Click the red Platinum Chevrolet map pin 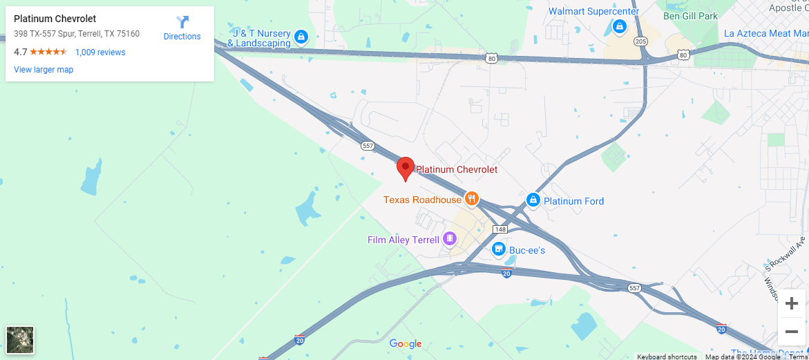(x=406, y=168)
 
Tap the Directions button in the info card (x=182, y=28)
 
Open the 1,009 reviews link (x=100, y=52)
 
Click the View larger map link (x=44, y=70)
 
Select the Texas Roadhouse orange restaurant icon (x=472, y=199)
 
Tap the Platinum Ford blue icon (x=533, y=200)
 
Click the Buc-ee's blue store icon (x=498, y=249)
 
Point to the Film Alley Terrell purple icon (x=450, y=239)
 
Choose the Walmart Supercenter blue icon (x=620, y=27)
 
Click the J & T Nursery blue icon (x=301, y=37)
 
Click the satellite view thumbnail (x=20, y=340)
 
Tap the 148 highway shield (x=500, y=229)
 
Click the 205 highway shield (x=640, y=41)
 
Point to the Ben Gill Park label (x=690, y=15)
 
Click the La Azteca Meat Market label (x=765, y=33)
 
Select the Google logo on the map (x=406, y=344)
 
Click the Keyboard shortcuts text (x=667, y=357)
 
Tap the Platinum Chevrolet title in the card (x=55, y=19)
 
